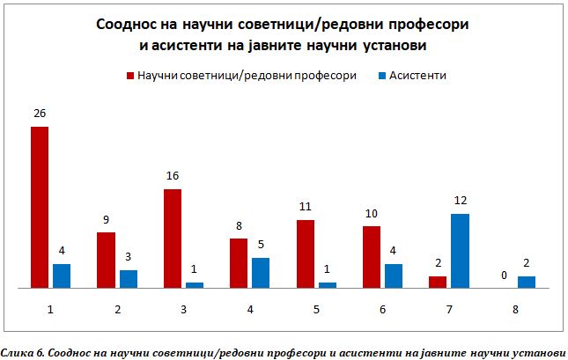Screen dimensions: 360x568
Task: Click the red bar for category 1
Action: click(40, 207)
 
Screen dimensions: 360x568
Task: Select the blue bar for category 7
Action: click(460, 250)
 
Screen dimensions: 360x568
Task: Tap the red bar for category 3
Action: click(173, 238)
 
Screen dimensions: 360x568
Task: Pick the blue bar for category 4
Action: click(261, 272)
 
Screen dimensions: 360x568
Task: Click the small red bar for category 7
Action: click(438, 282)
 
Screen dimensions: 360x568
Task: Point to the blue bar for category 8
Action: click(527, 282)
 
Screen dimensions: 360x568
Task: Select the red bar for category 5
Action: click(306, 253)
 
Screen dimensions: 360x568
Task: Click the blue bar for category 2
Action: click(129, 278)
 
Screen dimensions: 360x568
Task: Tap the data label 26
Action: click(40, 114)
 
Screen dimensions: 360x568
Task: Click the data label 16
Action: click(173, 176)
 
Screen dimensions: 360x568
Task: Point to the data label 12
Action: click(460, 201)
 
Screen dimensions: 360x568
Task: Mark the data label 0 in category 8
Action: click(504, 276)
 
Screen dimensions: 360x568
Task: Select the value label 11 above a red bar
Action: click(306, 207)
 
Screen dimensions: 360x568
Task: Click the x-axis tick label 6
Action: click(382, 310)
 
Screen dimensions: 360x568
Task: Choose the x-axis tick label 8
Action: click(515, 310)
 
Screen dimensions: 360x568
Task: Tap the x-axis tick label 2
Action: click(117, 310)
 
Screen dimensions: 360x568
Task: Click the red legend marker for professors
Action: click(129, 76)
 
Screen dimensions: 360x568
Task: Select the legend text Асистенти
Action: click(421, 76)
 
